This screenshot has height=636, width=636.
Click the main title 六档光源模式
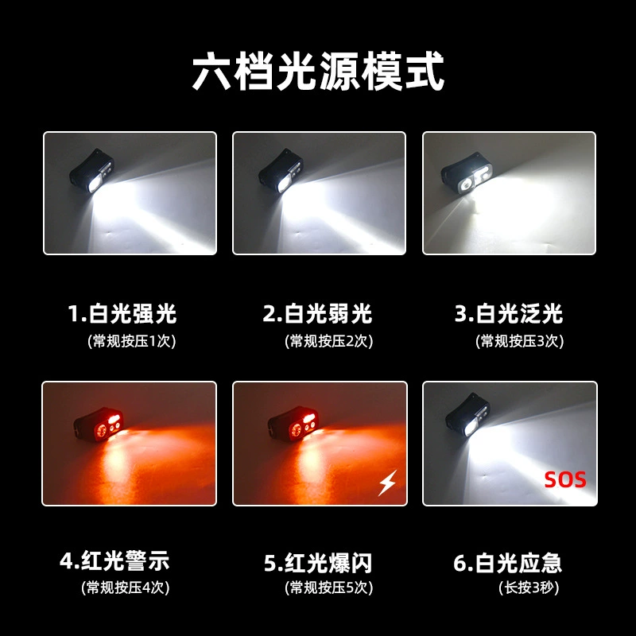[318, 72]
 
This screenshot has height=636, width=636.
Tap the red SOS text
[565, 480]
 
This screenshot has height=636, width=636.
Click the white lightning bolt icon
[387, 483]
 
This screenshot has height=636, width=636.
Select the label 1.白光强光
[122, 313]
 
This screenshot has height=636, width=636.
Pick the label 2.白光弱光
[317, 313]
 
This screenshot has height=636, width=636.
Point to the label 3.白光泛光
[509, 313]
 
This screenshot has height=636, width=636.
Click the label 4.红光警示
[114, 561]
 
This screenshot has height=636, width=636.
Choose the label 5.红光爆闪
[318, 563]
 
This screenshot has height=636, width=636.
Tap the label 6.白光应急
[508, 563]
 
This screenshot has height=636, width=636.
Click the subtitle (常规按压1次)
[131, 341]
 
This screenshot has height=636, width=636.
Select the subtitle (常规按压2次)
[328, 341]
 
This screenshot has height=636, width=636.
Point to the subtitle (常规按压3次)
[520, 341]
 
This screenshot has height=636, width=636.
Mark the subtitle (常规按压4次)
[126, 588]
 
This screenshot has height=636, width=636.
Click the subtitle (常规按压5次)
[328, 588]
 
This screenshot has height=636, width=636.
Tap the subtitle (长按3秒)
[529, 588]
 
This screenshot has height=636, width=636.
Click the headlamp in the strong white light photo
[92, 172]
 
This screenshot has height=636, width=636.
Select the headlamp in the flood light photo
[467, 173]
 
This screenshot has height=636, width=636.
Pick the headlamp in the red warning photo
[98, 425]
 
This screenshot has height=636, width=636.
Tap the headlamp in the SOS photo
[467, 415]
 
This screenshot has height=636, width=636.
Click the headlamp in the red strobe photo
[292, 425]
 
